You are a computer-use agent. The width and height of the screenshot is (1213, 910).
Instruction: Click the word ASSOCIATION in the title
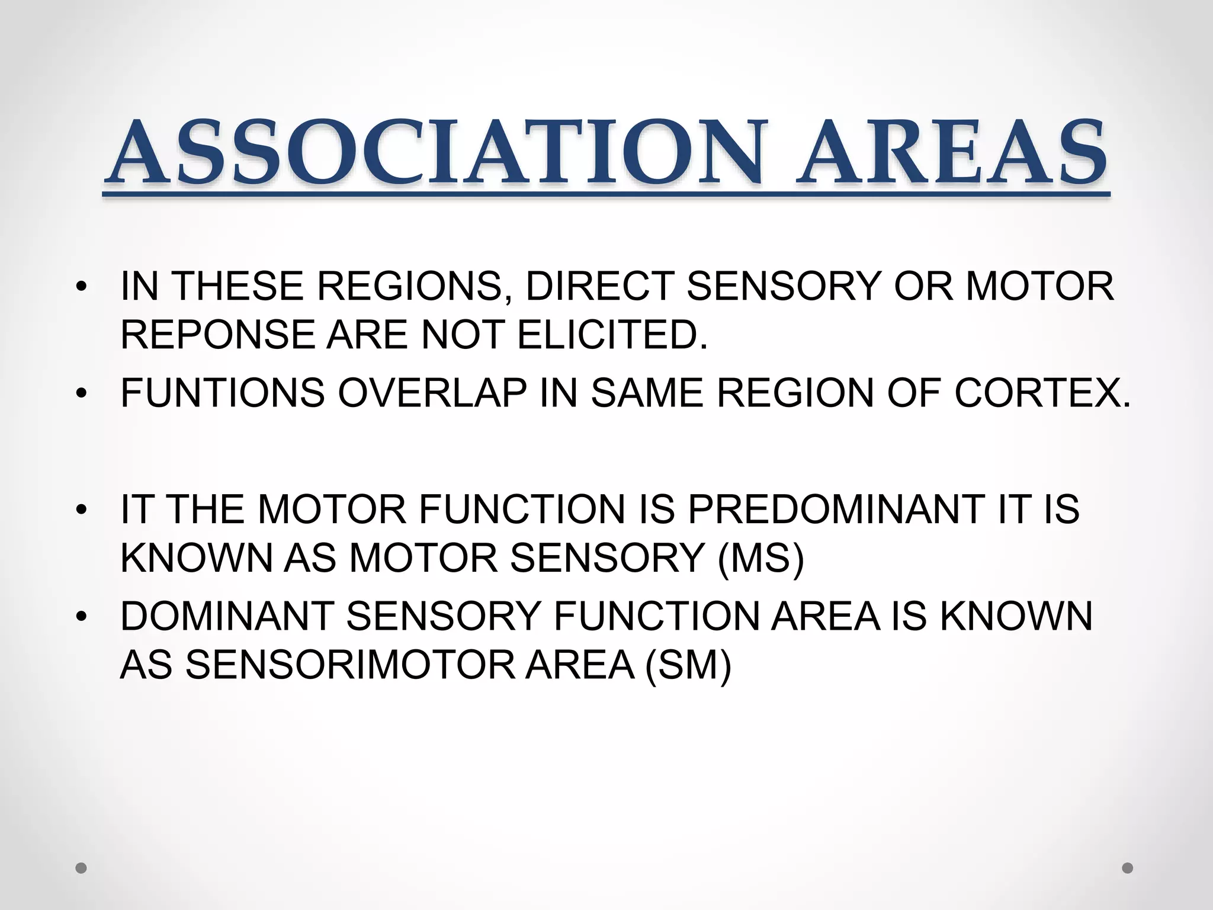pos(435,153)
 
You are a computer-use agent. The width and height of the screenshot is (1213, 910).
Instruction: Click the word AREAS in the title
pos(950,153)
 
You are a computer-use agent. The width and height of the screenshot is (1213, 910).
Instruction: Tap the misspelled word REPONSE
pos(217,335)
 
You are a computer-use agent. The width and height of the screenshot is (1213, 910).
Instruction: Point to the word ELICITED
pos(612,335)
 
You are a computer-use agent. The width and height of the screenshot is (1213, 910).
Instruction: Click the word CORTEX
pos(1042,393)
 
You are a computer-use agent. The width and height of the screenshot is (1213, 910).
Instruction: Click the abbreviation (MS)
pos(760,559)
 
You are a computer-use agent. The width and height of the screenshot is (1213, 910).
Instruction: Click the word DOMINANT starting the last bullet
pos(227,616)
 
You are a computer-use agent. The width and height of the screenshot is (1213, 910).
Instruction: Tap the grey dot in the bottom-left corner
pos(81,869)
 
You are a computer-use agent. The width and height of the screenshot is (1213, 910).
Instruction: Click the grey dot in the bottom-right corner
pos(1128,868)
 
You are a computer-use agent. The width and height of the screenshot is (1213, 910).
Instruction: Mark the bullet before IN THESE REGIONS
pos(82,287)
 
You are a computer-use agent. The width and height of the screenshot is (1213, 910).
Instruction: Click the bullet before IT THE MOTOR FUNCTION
pos(82,510)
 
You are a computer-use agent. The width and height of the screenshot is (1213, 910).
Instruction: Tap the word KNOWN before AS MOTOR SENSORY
pos(196,559)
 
